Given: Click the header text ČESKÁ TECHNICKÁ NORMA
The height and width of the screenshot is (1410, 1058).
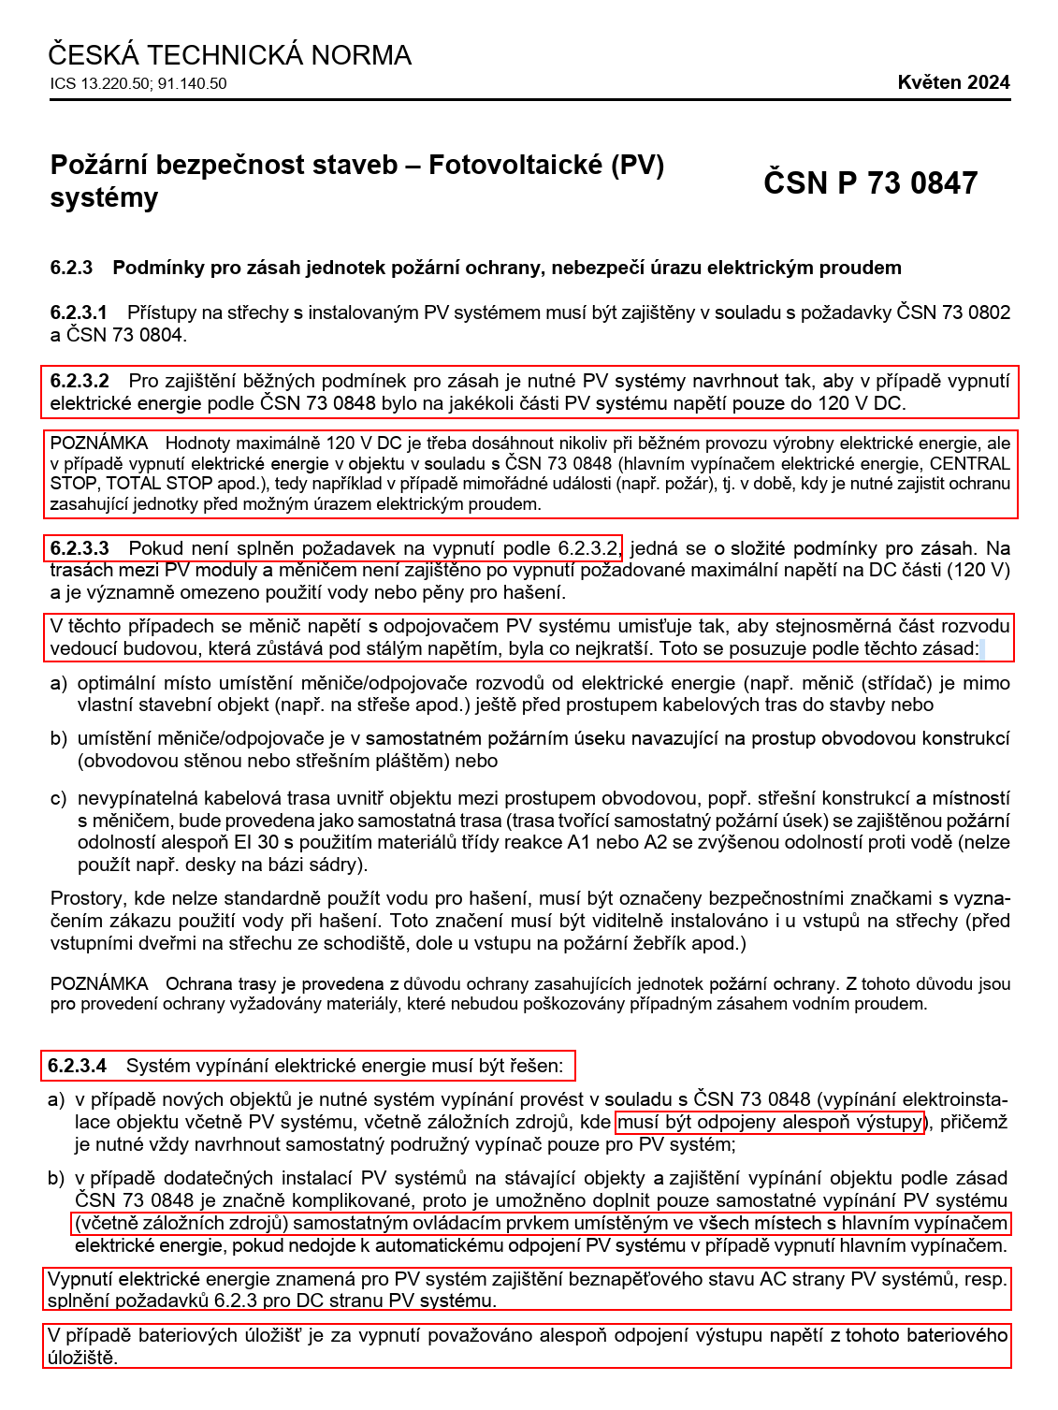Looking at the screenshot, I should click(x=229, y=55).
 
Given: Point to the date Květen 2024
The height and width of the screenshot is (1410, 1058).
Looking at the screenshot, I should click(x=953, y=82).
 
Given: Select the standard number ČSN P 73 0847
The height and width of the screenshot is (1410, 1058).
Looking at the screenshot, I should click(x=870, y=182).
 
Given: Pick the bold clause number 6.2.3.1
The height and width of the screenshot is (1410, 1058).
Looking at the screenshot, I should click(x=79, y=313).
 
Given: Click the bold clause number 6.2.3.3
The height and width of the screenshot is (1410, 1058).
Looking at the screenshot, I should click(x=80, y=548).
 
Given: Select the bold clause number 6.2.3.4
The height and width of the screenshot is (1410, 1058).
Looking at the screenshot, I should click(x=78, y=1066).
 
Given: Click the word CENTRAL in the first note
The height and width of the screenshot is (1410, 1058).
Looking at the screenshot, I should click(x=969, y=464).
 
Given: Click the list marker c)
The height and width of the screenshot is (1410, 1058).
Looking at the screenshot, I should click(x=59, y=798).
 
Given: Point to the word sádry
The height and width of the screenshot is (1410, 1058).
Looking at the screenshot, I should click(x=332, y=865).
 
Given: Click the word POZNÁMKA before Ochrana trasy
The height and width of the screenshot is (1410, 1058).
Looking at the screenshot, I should click(x=99, y=984).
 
